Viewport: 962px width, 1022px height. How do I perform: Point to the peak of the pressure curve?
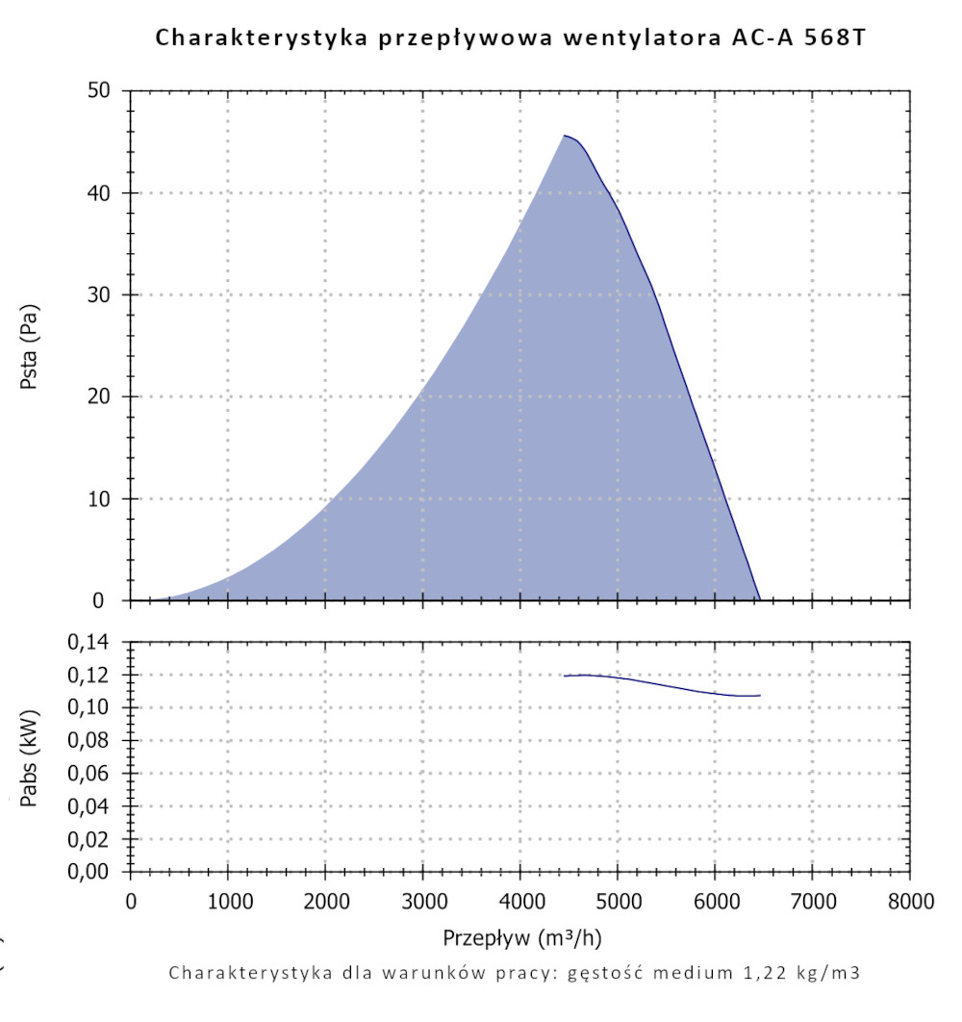(565, 136)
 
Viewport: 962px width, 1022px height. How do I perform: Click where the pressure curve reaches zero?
(760, 600)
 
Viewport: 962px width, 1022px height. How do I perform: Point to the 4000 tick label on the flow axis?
(519, 902)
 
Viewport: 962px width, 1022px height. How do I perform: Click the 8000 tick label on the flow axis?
(909, 902)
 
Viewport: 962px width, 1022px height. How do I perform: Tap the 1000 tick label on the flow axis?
(227, 902)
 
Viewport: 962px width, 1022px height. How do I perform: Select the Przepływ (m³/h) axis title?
(522, 937)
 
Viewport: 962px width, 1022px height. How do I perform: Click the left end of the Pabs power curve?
(565, 676)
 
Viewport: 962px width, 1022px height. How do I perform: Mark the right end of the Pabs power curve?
(760, 695)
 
